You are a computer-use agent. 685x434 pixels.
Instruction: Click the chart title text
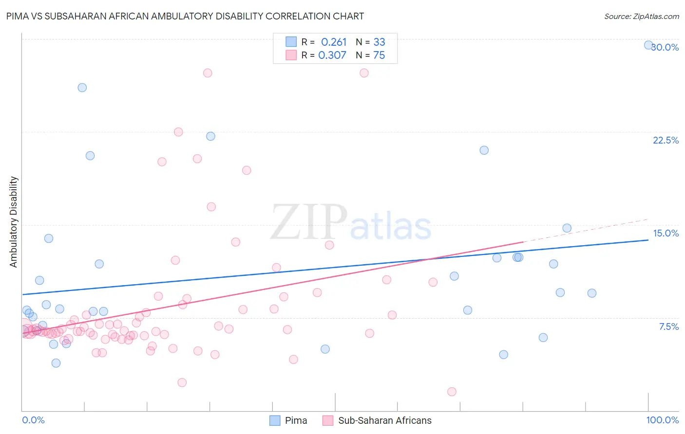pos(185,16)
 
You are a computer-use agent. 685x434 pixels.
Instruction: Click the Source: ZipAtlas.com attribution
pos(641,16)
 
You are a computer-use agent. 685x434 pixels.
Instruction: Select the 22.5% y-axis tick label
pos(666,140)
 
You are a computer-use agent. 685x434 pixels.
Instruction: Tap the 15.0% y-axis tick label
pos(666,233)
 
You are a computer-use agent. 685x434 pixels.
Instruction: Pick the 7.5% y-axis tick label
pos(668,326)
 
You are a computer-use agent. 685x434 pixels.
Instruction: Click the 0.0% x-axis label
pos(33,420)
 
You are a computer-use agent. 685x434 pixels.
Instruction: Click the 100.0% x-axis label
pos(662,420)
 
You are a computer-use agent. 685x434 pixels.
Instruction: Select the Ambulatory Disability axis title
pos(14,222)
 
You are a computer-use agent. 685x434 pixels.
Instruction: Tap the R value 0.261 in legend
pos(334,42)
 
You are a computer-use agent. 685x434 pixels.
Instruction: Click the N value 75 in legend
pos(379,55)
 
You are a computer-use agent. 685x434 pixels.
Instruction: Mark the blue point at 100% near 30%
pos(648,45)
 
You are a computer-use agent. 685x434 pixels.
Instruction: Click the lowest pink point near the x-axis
pos(452,392)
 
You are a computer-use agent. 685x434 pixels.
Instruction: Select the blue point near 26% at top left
pos(82,88)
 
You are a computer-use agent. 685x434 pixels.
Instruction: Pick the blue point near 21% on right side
pos(484,150)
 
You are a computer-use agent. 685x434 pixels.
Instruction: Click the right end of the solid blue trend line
pos(648,240)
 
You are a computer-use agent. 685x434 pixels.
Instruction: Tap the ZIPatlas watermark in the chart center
pos(351,223)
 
